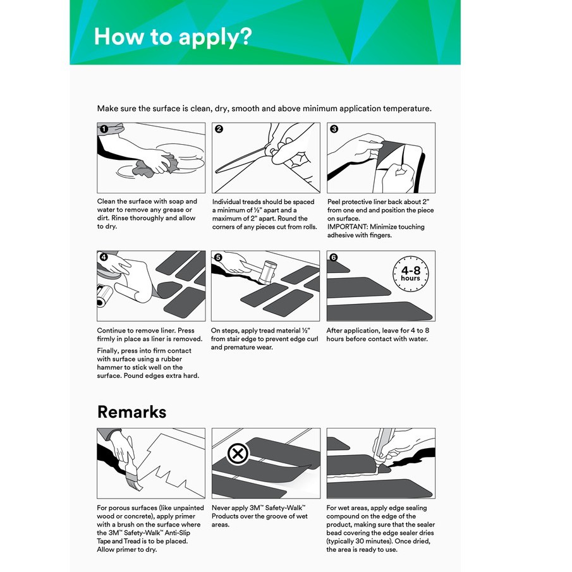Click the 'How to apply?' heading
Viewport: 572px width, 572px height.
(173, 36)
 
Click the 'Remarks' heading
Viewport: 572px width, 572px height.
(131, 412)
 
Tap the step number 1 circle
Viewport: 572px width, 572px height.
(104, 129)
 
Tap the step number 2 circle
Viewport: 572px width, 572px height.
(219, 129)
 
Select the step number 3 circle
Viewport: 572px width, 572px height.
(334, 129)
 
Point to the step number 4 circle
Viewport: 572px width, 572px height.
(104, 257)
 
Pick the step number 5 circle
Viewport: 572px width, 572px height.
(219, 257)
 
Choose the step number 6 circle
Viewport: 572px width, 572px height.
(334, 257)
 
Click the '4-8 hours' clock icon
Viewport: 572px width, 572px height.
(410, 274)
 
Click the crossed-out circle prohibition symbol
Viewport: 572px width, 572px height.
(238, 453)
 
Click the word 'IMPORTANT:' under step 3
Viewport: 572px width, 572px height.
(347, 227)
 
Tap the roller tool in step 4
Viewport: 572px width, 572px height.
(104, 295)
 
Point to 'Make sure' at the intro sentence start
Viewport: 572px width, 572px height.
(115, 109)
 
